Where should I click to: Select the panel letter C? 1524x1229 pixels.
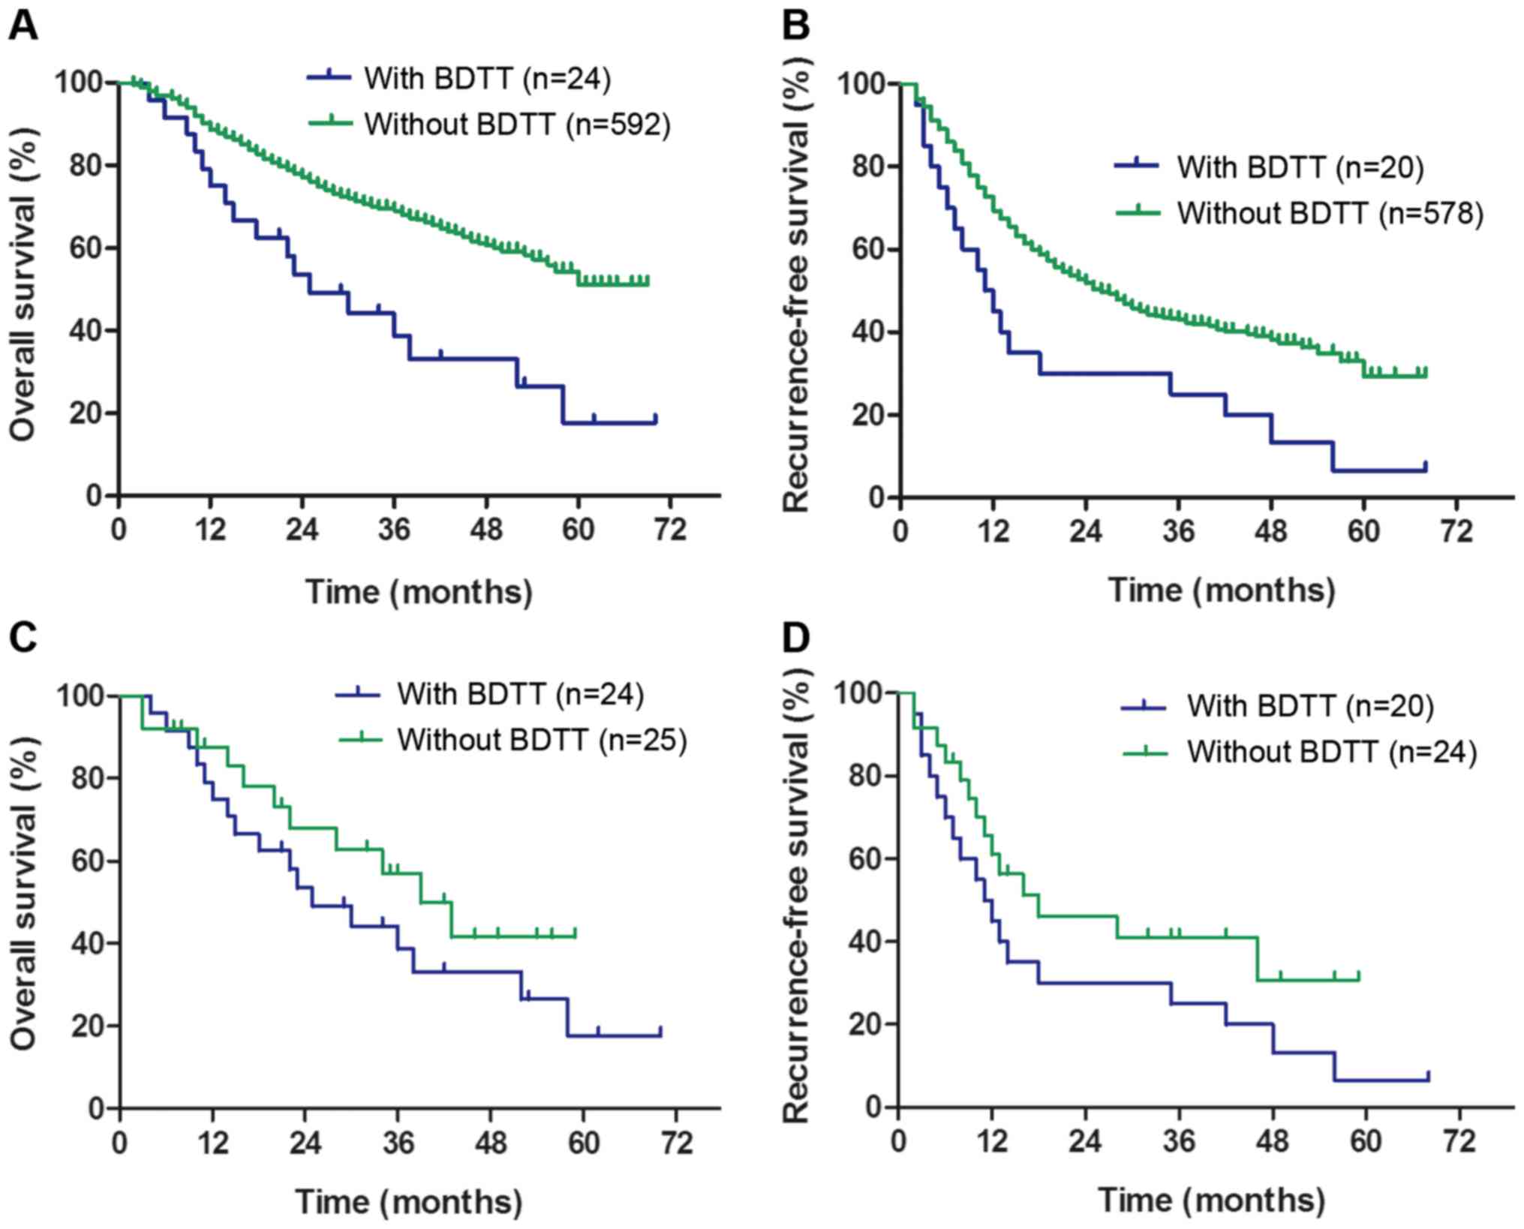pos(23,640)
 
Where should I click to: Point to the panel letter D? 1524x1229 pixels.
pos(795,640)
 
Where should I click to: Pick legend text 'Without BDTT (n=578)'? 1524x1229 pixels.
pos(1330,213)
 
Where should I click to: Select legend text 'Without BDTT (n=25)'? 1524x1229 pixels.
pos(542,740)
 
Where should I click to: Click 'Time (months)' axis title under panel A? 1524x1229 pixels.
pos(419,592)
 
